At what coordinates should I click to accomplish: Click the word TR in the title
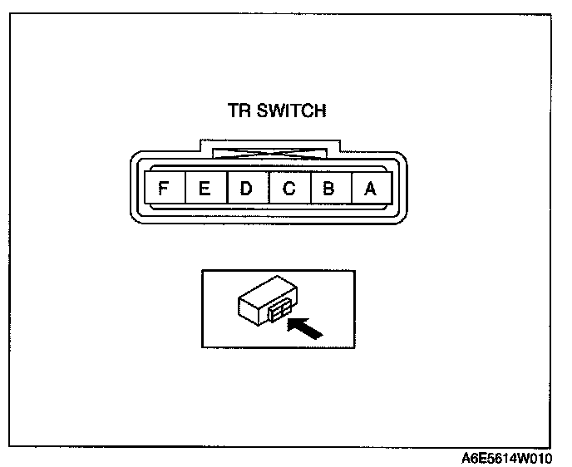click(x=239, y=111)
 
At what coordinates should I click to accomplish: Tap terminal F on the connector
click(x=164, y=189)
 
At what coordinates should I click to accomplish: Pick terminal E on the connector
click(x=205, y=189)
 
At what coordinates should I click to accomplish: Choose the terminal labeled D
click(x=247, y=189)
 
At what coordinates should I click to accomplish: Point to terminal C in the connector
click(x=288, y=189)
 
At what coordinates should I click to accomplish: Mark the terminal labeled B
click(x=329, y=189)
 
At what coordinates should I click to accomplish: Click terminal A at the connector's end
click(x=371, y=189)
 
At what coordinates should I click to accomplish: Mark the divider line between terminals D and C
click(x=268, y=189)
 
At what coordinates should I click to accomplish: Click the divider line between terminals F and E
click(x=185, y=189)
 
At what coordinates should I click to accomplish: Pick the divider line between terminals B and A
click(x=350, y=189)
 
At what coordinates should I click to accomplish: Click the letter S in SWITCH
click(x=261, y=111)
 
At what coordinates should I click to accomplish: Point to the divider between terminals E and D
click(x=226, y=189)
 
